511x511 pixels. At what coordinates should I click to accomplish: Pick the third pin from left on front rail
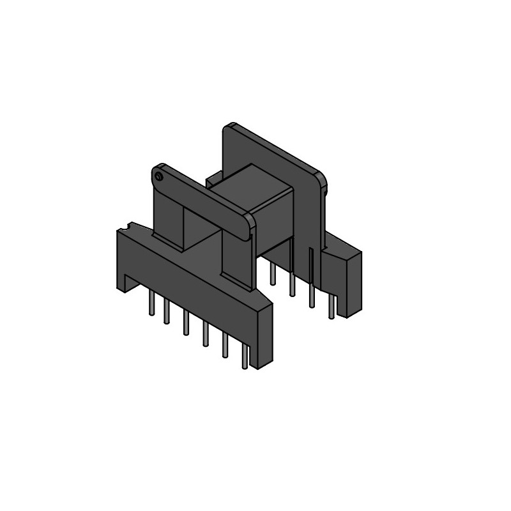pyautogui.click(x=186, y=323)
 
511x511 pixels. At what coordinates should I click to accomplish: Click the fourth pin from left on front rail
pyautogui.click(x=205, y=335)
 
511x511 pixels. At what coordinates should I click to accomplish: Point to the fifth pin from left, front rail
pyautogui.click(x=225, y=346)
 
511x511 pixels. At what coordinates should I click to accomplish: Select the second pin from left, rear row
pyautogui.click(x=292, y=286)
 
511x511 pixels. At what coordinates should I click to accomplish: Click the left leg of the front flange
pyautogui.click(x=167, y=217)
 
